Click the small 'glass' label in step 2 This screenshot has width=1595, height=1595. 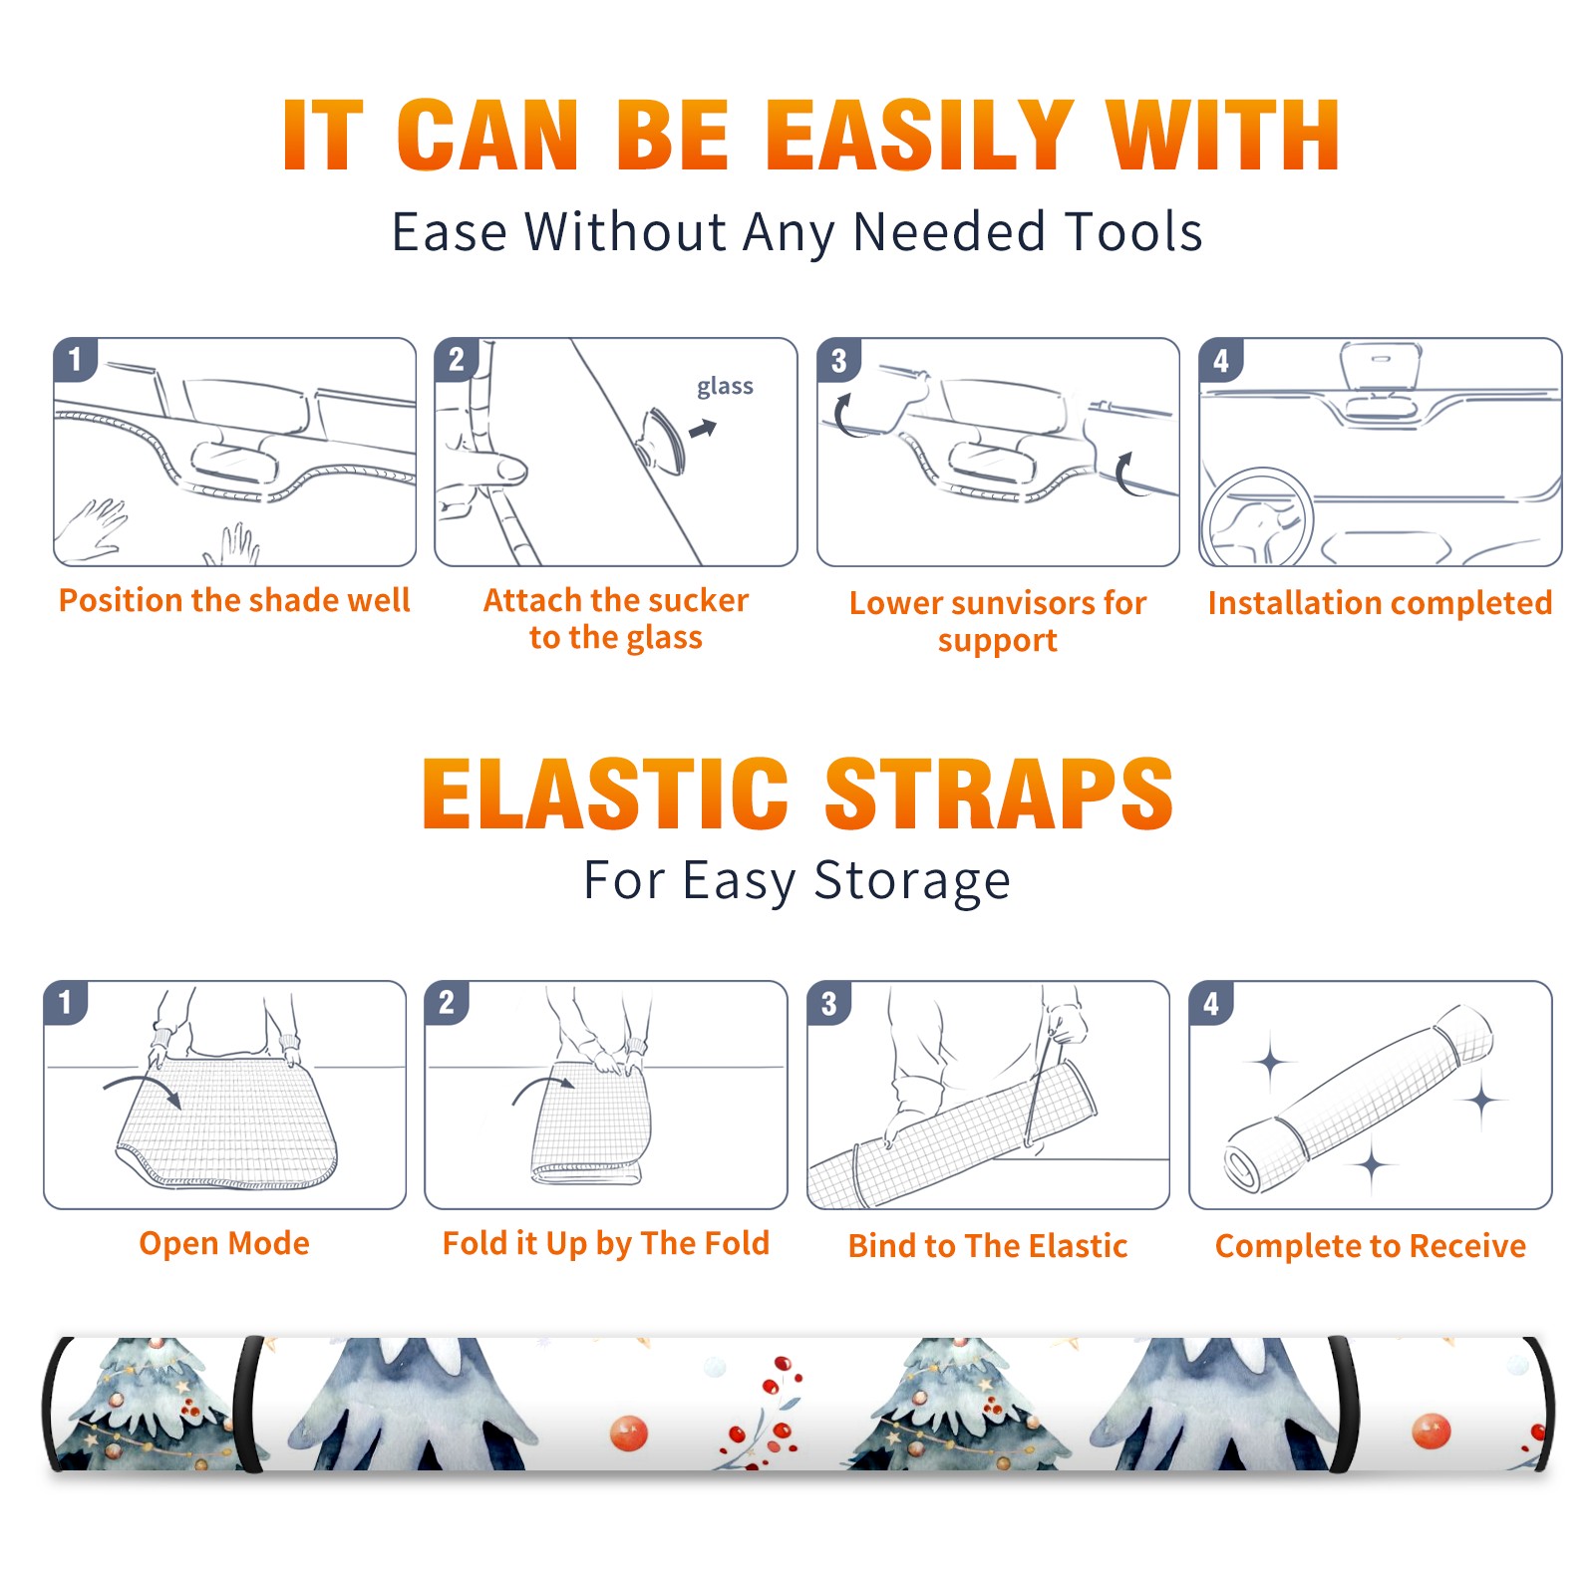[x=725, y=387]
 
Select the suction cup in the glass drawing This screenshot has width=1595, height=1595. [x=661, y=441]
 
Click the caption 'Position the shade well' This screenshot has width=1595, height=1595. [x=234, y=600]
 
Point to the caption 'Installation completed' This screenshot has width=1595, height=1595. [x=1380, y=603]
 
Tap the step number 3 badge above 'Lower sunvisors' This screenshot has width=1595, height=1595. [x=838, y=361]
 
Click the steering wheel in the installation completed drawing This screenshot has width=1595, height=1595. [x=1256, y=517]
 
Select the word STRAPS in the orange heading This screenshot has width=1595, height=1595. [x=999, y=795]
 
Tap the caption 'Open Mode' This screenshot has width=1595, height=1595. [x=224, y=1243]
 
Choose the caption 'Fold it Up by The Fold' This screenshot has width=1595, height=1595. [x=606, y=1244]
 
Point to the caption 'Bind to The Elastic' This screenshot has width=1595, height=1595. [x=988, y=1246]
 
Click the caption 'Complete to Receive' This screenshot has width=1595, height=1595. [x=1371, y=1246]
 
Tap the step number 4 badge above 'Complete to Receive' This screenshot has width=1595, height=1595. [x=1210, y=1004]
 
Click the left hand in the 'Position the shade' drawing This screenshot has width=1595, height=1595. [x=92, y=530]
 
